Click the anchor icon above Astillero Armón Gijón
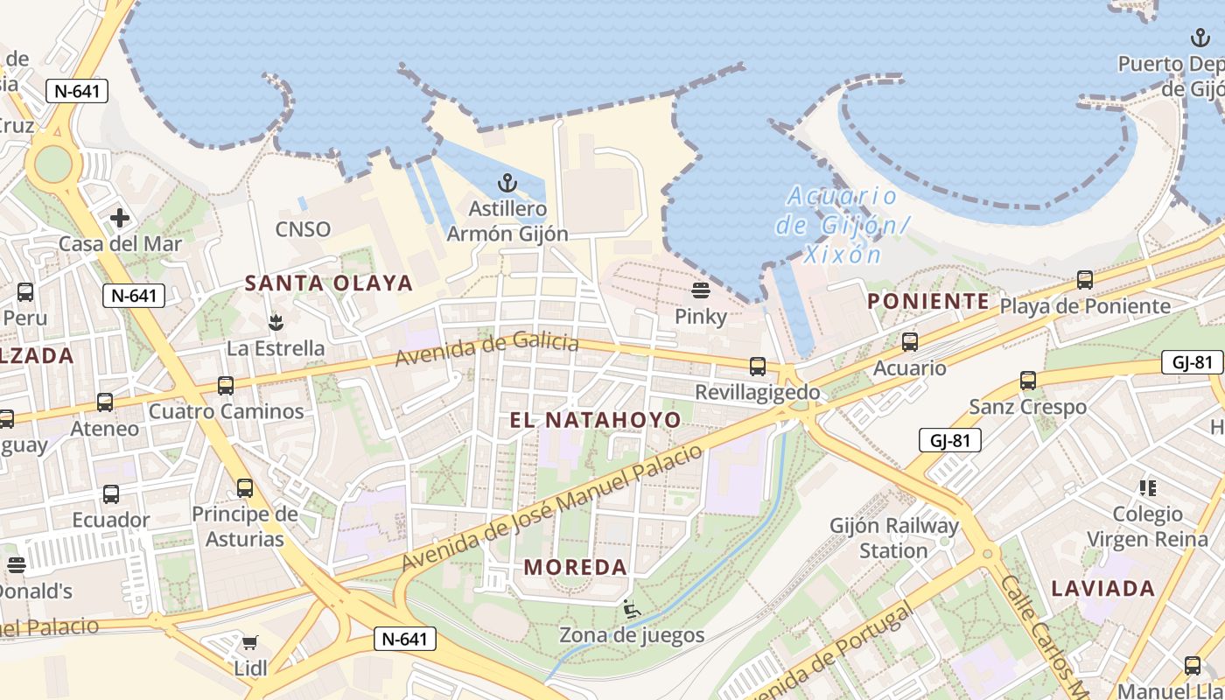[507, 184]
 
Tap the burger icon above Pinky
[700, 290]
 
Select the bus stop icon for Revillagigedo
[758, 367]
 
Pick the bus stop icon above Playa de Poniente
[1085, 280]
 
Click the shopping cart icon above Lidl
[249, 644]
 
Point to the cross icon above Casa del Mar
[120, 217]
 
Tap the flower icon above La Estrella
[276, 322]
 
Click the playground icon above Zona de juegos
[632, 608]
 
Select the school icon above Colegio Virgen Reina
[1147, 487]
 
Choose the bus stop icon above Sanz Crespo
[1028, 381]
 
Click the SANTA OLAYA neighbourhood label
[328, 283]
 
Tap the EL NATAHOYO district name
[595, 420]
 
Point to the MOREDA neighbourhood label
[576, 567]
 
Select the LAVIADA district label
[1103, 588]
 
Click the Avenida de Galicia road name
[486, 349]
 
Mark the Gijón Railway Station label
[893, 538]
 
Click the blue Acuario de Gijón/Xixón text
[842, 225]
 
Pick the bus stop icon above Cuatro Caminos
[226, 386]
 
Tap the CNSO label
[303, 229]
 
